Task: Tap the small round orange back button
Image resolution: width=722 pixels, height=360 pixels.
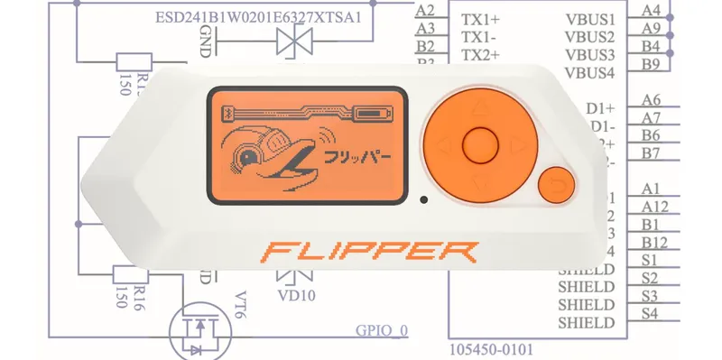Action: click(556, 186)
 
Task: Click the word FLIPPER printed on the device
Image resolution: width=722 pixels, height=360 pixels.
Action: click(366, 251)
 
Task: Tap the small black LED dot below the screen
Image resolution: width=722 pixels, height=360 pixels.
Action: click(422, 198)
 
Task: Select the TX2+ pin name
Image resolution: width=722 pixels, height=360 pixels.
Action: click(482, 55)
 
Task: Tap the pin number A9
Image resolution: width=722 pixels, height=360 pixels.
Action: click(650, 28)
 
